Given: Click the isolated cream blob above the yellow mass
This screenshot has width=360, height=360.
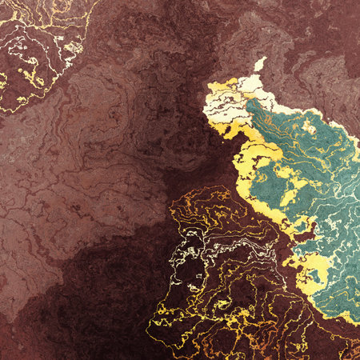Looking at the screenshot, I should (x=258, y=64).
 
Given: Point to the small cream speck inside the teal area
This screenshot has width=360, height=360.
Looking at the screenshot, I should (x=309, y=126).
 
